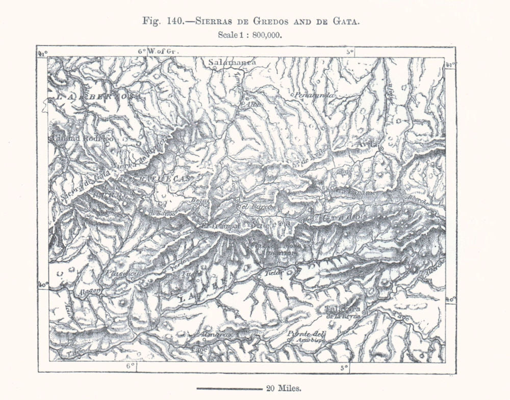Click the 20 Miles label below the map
point(284,388)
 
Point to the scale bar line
point(228,389)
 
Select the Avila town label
point(369,144)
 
